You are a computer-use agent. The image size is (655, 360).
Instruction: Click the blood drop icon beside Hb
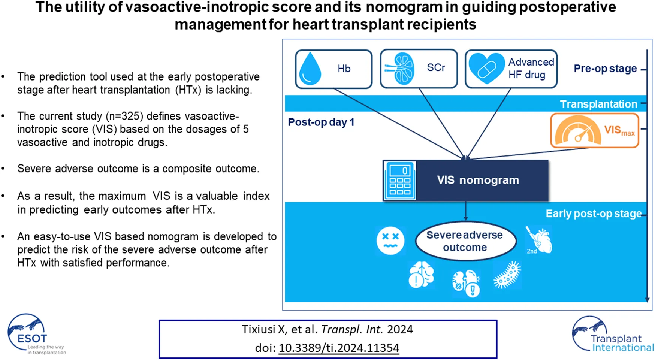click(x=310, y=69)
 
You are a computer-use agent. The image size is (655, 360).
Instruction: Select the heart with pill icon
click(x=486, y=68)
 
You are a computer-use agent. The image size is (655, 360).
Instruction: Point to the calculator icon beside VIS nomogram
click(x=400, y=181)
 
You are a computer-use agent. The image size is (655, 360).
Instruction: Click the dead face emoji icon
click(x=390, y=240)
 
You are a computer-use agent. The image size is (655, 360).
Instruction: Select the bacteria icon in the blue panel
click(x=507, y=275)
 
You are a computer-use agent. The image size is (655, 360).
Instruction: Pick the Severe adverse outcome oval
click(x=465, y=241)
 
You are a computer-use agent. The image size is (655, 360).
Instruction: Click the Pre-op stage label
click(x=605, y=69)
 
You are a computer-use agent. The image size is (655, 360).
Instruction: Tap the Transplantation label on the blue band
click(x=598, y=104)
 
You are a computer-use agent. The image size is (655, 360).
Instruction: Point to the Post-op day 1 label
click(x=321, y=122)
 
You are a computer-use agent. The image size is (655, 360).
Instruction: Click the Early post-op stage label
click(x=593, y=214)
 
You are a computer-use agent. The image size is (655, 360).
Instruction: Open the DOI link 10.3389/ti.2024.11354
click(x=339, y=348)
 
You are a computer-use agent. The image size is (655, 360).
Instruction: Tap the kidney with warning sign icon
click(x=466, y=283)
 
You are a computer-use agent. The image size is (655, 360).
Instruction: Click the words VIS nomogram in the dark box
click(x=478, y=180)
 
